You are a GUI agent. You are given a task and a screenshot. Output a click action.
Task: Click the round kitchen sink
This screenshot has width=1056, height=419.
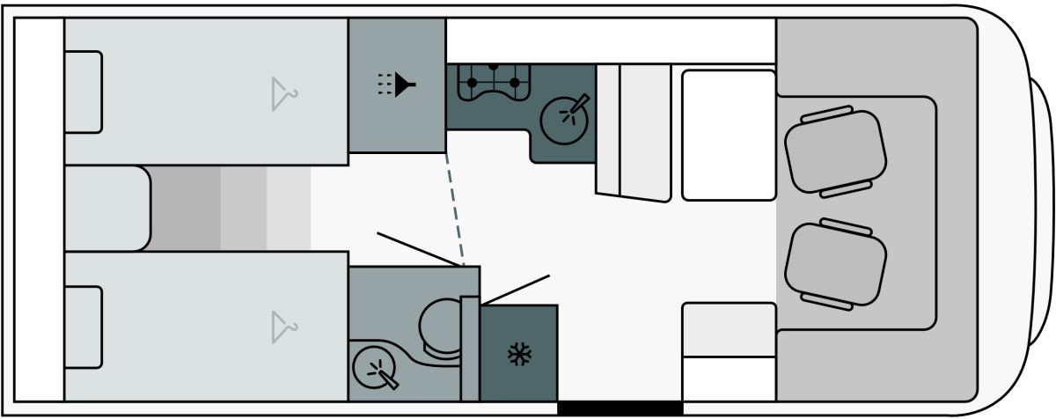coord(563,118)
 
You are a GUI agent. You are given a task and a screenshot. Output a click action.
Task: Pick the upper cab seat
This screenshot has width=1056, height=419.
coord(834,150)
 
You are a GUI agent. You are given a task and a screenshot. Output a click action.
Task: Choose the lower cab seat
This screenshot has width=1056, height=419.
coord(835,263)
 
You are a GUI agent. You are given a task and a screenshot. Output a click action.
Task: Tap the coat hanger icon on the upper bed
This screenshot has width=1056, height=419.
coord(282,93)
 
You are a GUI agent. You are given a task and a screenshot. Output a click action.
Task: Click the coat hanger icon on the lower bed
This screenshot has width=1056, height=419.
coord(282,327)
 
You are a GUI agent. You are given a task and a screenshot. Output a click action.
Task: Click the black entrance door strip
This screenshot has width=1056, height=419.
coord(620,408)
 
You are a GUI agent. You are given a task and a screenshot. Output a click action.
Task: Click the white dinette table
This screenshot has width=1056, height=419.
coord(728,135)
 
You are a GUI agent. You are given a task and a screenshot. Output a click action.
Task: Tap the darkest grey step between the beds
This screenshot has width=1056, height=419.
coord(185,209)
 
